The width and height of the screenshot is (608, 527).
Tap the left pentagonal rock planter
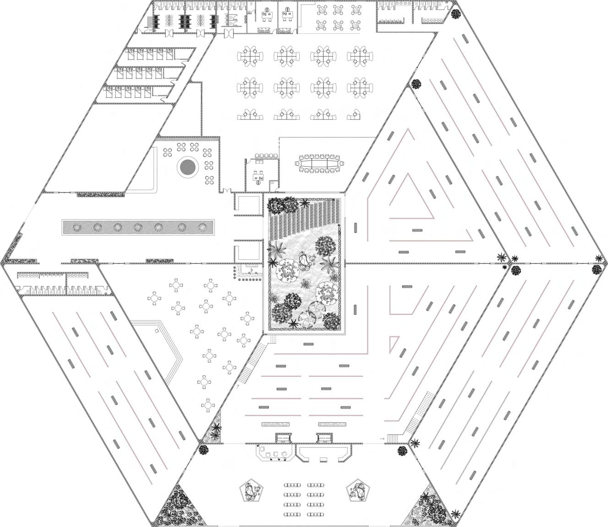click(250, 491)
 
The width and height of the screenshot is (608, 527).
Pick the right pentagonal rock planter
click(357, 491)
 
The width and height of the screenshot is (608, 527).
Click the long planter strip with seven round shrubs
click(138, 227)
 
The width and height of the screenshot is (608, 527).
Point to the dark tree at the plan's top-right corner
click(456, 14)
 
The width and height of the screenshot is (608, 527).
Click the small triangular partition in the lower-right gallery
click(393, 342)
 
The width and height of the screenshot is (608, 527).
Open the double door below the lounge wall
click(225, 190)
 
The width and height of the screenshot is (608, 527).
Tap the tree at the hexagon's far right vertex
click(597, 270)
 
